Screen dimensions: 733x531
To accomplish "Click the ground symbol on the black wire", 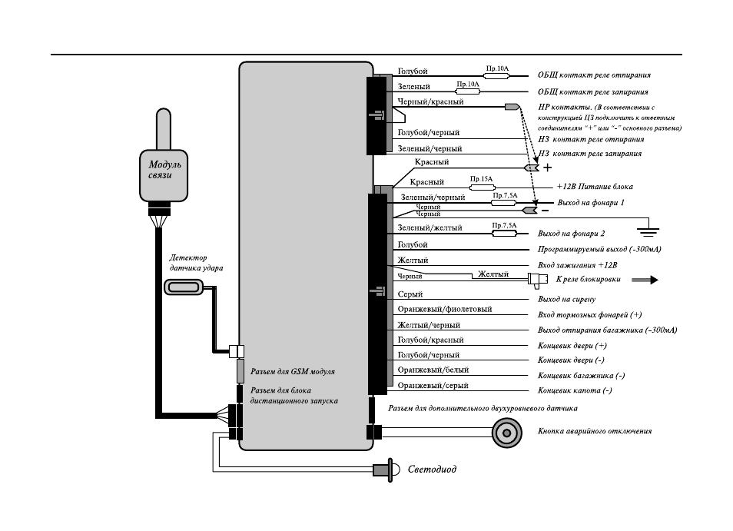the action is click(x=648, y=231).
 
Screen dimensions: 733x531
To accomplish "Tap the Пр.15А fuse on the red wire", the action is click(x=482, y=188).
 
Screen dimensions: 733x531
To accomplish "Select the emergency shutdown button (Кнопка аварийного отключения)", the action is click(x=507, y=433).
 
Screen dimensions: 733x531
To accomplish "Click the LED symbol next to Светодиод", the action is click(x=387, y=470).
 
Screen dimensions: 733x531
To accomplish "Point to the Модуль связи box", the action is click(x=164, y=175).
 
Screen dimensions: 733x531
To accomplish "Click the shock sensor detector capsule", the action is click(x=184, y=287).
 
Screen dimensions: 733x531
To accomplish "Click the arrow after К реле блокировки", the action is click(x=645, y=280).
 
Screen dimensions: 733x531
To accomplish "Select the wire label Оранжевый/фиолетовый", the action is click(x=445, y=309).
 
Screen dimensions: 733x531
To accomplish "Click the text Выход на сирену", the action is click(x=566, y=299).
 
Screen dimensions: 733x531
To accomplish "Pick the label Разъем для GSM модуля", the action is click(x=293, y=372).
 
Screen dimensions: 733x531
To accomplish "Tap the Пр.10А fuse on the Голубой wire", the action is click(x=496, y=75).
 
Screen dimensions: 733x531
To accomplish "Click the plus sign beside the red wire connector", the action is click(x=547, y=168).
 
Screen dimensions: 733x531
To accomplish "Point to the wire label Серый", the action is click(x=410, y=294).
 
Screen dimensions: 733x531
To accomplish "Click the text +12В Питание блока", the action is click(x=595, y=187).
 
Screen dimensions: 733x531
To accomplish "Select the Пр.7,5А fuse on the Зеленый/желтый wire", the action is click(x=504, y=233).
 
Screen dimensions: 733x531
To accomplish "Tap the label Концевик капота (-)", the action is click(x=575, y=390).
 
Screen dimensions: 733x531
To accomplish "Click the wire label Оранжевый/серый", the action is click(x=433, y=385).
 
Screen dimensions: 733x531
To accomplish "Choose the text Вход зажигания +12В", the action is click(x=577, y=265).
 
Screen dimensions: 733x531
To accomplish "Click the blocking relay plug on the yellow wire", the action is click(x=538, y=279).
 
